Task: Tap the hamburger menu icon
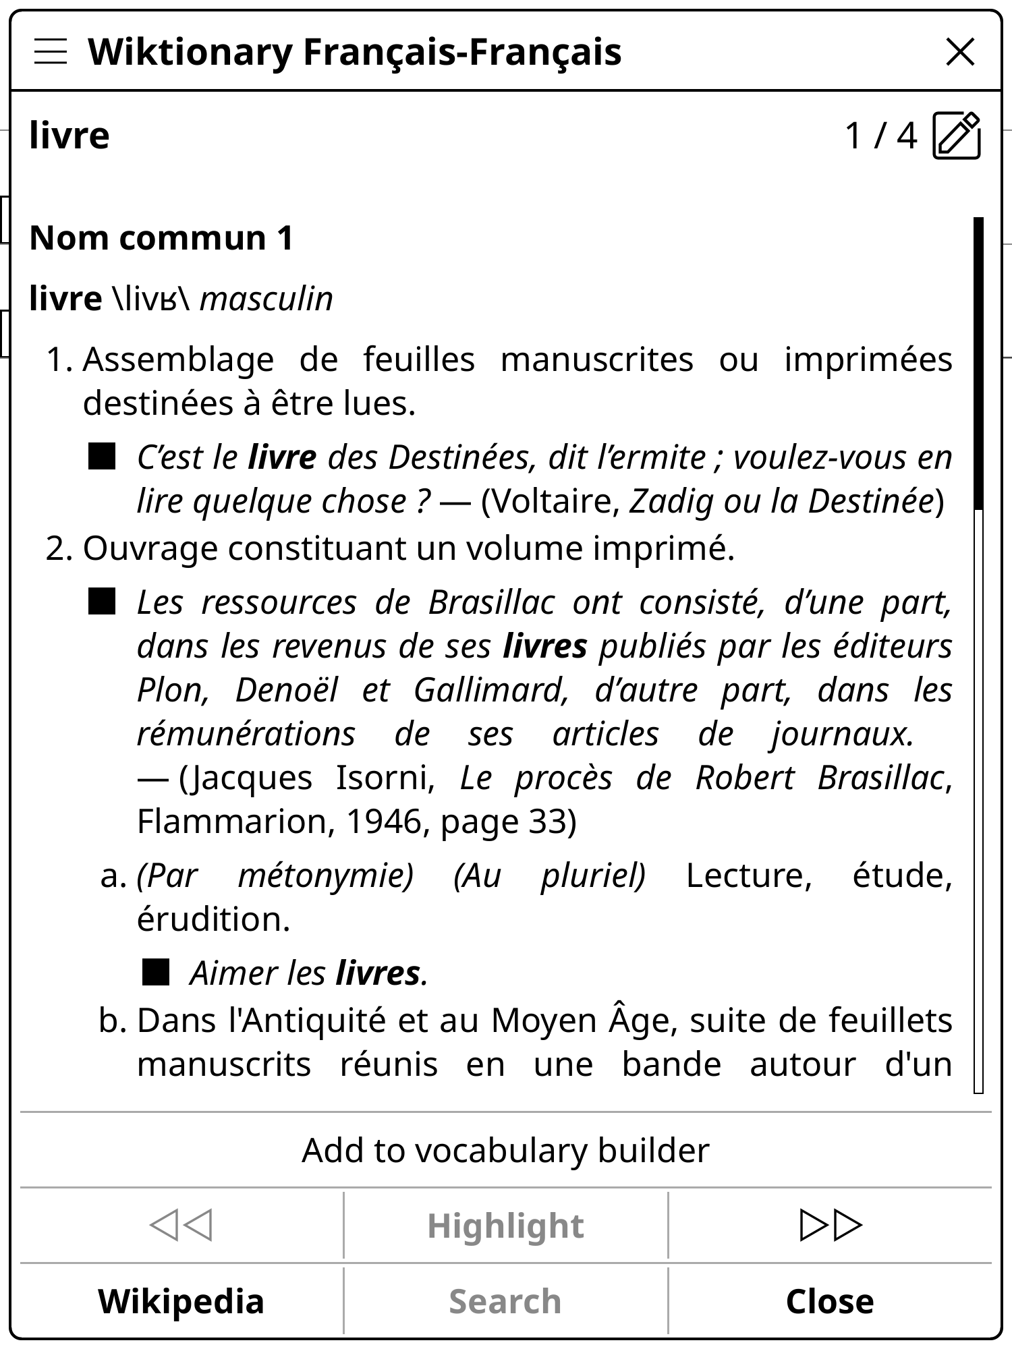51,52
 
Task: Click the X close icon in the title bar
960,52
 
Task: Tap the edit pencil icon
957,136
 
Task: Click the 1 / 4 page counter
880,136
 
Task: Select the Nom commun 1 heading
162,238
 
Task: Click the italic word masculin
266,299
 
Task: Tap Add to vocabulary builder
505,1150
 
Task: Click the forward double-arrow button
830,1225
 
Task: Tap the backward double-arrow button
181,1225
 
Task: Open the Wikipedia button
181,1301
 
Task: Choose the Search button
505,1301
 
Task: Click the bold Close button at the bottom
830,1301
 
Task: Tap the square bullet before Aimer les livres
156,973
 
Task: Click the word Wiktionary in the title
190,52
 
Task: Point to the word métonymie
325,876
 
